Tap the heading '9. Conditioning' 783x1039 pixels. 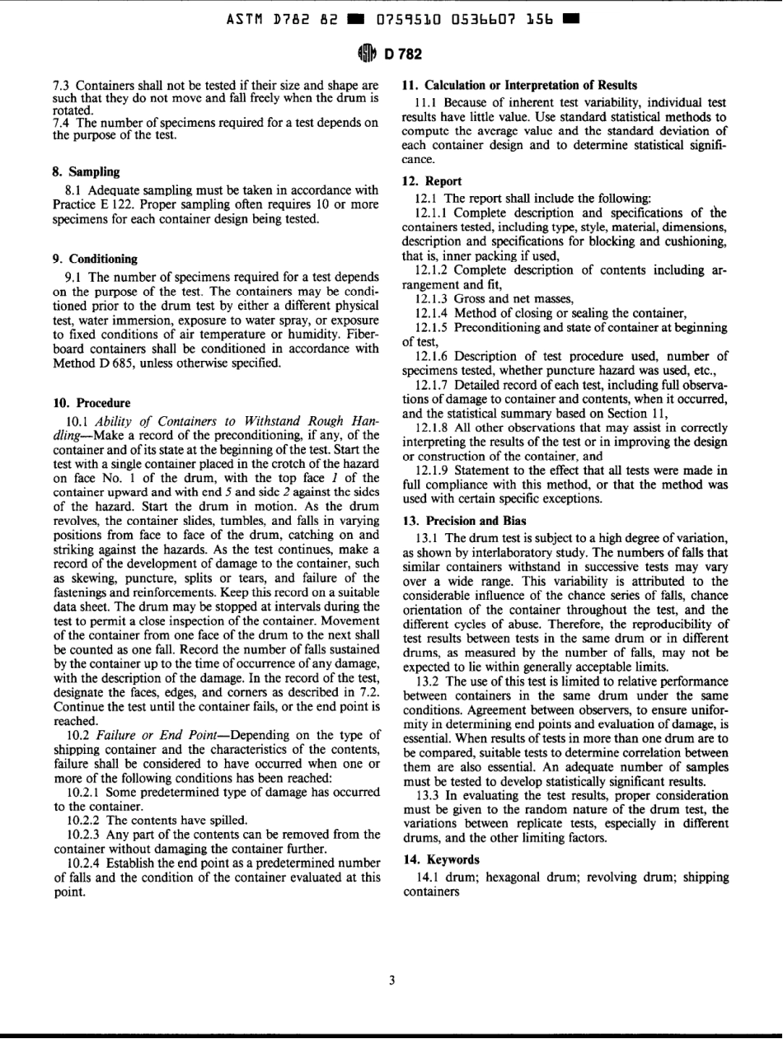click(94, 259)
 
